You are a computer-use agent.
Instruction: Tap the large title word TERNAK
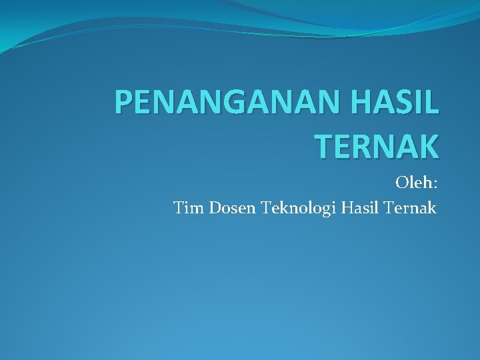[376, 145]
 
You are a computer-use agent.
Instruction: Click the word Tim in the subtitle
[189, 208]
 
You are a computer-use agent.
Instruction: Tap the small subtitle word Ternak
[411, 208]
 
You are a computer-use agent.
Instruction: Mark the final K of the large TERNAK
[427, 145]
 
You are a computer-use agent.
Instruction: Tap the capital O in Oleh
[403, 182]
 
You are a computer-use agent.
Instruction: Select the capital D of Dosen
[217, 208]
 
